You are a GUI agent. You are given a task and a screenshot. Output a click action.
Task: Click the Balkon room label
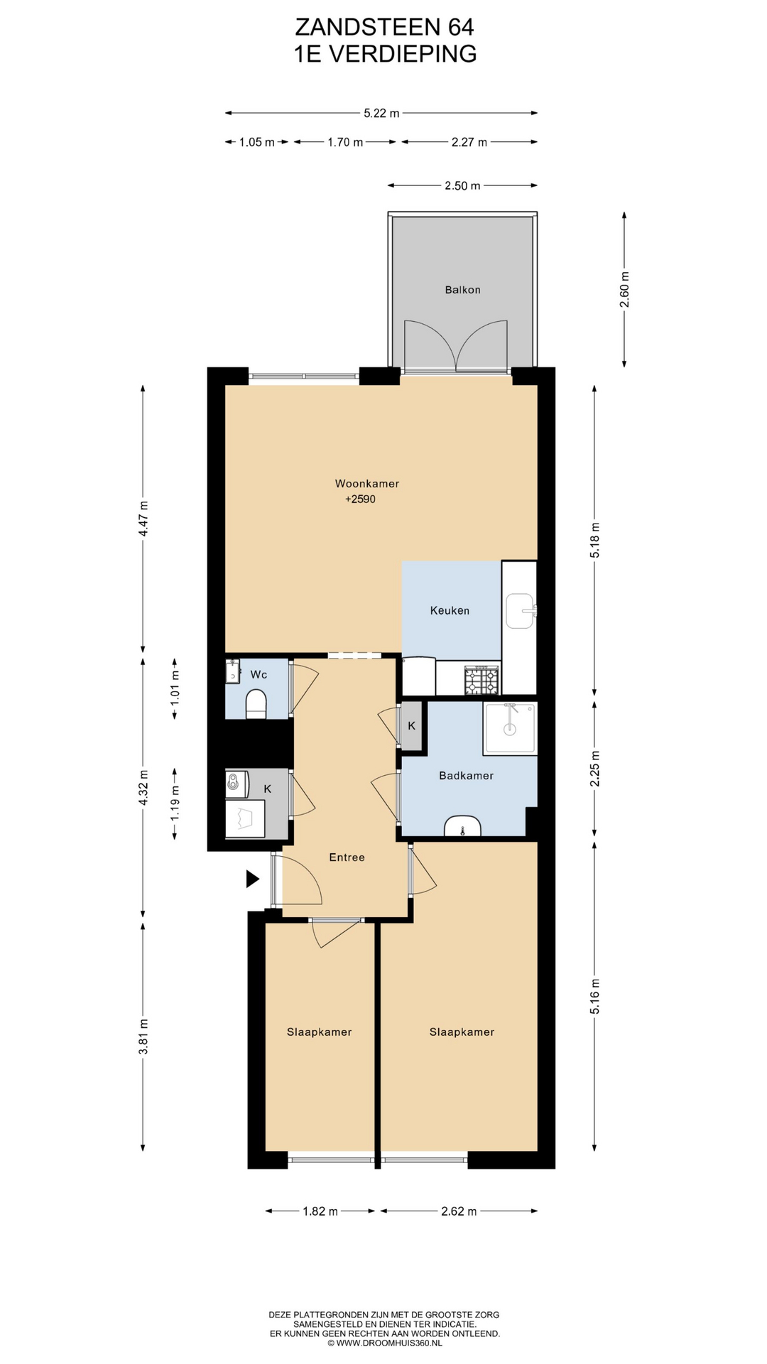click(462, 290)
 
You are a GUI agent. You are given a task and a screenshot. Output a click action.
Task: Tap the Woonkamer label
click(367, 484)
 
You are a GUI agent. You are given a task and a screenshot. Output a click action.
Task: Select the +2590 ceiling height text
click(361, 499)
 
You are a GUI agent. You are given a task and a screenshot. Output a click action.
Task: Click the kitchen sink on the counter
click(521, 611)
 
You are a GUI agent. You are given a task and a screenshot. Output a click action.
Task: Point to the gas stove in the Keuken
click(482, 680)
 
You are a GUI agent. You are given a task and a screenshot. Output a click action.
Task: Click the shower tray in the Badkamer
click(509, 728)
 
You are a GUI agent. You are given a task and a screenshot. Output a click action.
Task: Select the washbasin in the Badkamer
click(462, 826)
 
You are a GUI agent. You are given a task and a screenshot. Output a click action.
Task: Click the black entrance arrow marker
click(252, 879)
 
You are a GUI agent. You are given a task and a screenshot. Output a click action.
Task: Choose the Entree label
click(347, 857)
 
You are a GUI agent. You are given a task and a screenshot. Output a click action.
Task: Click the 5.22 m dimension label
click(381, 113)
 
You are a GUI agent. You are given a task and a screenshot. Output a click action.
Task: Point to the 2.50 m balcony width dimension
click(462, 186)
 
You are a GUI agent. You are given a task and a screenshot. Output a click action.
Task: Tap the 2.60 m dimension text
click(624, 290)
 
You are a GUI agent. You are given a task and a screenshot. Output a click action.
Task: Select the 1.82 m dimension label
click(320, 1211)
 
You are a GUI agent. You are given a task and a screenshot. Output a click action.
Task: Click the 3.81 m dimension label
click(143, 1037)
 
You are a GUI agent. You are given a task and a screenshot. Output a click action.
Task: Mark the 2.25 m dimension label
click(595, 769)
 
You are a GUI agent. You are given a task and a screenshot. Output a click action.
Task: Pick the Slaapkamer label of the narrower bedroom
click(319, 1032)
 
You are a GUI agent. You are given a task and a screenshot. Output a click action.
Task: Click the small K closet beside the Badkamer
click(412, 726)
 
